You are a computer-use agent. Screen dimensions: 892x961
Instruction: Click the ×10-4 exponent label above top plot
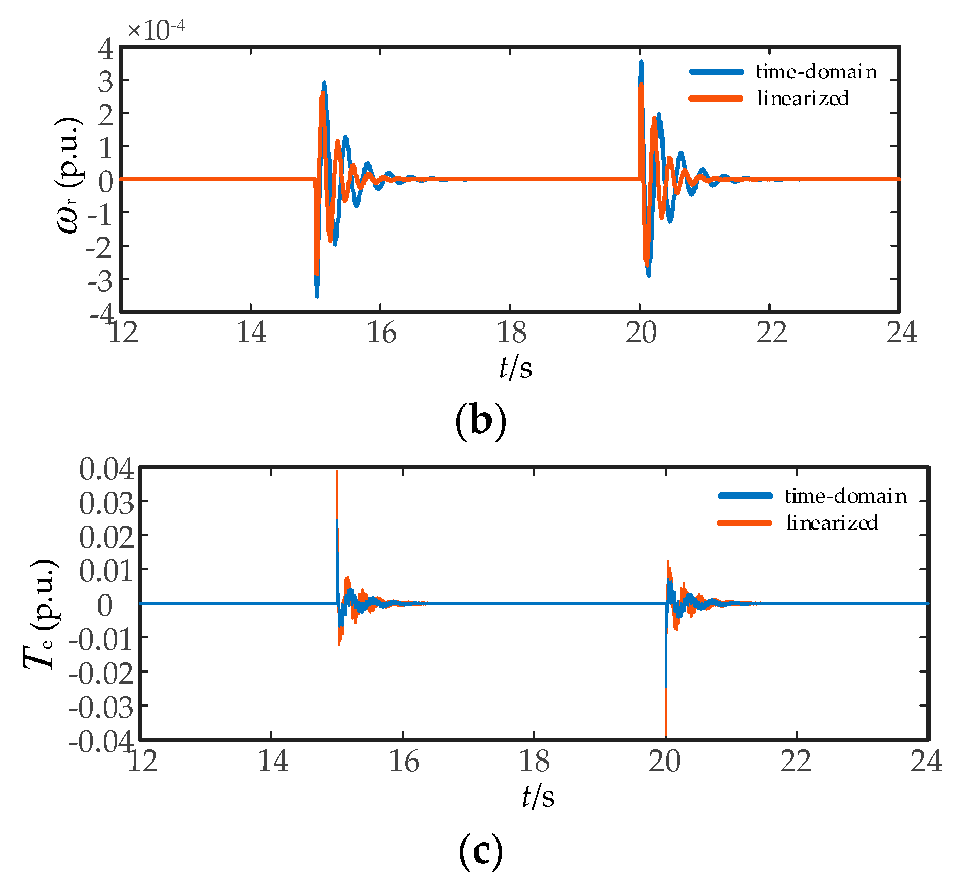[156, 29]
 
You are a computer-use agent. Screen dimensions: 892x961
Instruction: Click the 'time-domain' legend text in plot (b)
[816, 72]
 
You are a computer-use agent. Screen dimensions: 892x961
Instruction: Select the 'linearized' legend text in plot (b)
[803, 98]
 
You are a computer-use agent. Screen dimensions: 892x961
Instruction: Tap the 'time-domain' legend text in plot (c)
[845, 496]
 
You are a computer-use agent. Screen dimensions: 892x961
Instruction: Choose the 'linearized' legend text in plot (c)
[832, 523]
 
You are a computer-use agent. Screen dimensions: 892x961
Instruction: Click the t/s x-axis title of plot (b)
[515, 367]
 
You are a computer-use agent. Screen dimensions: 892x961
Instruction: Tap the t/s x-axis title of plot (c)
[538, 796]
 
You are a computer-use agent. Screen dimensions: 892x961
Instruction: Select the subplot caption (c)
[480, 852]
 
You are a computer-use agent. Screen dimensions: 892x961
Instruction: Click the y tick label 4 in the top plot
[106, 49]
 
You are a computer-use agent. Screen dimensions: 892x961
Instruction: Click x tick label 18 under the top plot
[511, 333]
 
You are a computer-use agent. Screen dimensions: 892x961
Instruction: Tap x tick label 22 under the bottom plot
[796, 762]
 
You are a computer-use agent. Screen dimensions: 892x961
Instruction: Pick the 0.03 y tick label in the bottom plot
[107, 503]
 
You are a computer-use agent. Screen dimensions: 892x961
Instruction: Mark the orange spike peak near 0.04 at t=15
[337, 473]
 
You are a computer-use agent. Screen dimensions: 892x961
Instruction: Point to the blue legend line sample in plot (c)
[745, 496]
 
